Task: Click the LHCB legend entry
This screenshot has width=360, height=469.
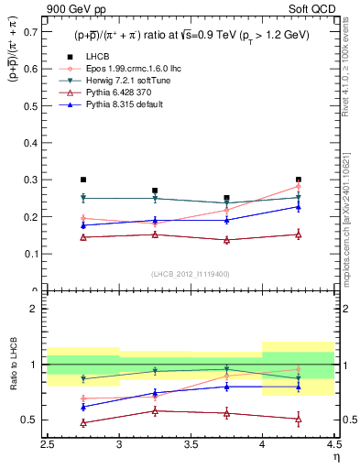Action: tap(96, 57)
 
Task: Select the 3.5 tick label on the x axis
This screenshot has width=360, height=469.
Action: tap(190, 445)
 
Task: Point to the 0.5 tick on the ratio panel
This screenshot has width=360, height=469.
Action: tap(29, 420)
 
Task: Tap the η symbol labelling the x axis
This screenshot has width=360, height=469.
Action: tap(335, 456)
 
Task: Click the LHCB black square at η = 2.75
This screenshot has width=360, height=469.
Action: tap(83, 180)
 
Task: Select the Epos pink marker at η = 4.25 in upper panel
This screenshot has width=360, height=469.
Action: tap(298, 186)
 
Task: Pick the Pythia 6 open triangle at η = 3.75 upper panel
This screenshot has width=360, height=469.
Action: tap(226, 240)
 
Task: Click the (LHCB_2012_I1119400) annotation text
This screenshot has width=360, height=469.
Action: tap(190, 275)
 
